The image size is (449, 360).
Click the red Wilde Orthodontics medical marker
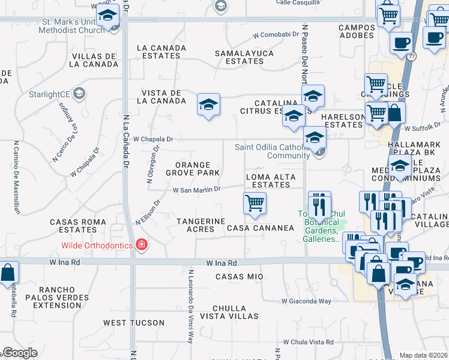pyautogui.click(x=141, y=245)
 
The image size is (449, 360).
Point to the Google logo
pyautogui.click(x=19, y=353)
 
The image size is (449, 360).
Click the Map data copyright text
pyautogui.click(x=423, y=355)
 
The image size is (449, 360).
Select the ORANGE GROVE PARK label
pyautogui.click(x=192, y=169)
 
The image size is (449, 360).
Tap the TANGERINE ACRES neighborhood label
pyautogui.click(x=200, y=225)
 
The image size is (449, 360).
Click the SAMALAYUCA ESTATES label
pyautogui.click(x=244, y=57)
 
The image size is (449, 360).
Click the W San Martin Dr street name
pyautogui.click(x=197, y=190)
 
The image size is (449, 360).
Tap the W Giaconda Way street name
pyautogui.click(x=306, y=301)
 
